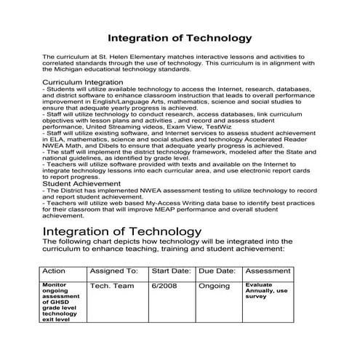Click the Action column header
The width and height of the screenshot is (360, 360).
55,271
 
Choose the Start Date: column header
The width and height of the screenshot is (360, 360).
171,271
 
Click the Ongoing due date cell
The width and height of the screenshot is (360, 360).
214,286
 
